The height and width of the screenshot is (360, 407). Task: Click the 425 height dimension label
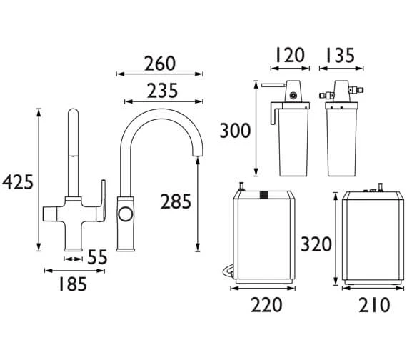pos(18,182)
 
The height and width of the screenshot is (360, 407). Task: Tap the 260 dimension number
pos(160,64)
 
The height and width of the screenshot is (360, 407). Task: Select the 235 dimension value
pos(163,91)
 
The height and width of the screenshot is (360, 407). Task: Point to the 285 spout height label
pos(176,201)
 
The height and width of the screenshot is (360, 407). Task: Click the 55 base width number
pos(97,257)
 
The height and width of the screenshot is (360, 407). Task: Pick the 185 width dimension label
pos(73,284)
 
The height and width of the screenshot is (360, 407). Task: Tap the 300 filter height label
pos(235,131)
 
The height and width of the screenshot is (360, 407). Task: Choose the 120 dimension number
pos(289,55)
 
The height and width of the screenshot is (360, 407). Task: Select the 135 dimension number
pos(340,55)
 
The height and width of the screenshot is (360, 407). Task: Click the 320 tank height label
pos(316,244)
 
